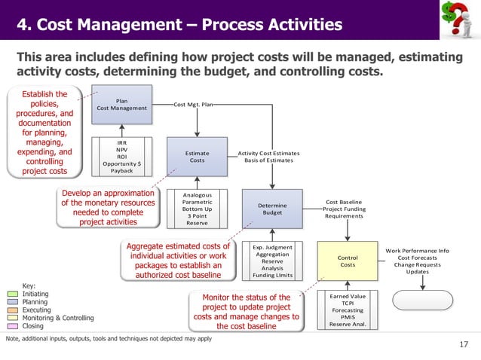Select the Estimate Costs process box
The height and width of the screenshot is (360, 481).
point(196,156)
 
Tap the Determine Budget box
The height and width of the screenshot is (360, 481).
point(271,209)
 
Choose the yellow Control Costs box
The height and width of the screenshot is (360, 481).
point(347,261)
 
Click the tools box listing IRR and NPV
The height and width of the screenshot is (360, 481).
point(121,156)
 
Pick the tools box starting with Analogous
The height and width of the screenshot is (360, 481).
point(197,209)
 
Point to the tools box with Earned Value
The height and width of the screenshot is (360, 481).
point(348,310)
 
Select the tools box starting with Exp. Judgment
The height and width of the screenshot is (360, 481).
point(272,261)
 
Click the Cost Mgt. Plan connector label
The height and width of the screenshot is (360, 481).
point(194,105)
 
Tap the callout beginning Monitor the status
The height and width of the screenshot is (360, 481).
point(246,311)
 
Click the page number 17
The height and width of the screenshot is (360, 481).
point(464,346)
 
